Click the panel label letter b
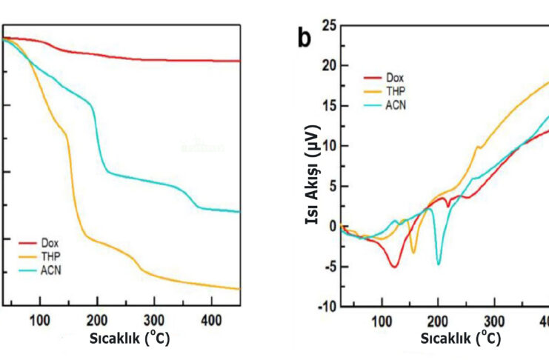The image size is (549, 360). (304, 38)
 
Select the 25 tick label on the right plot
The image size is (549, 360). (329, 27)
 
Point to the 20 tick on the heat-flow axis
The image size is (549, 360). (329, 66)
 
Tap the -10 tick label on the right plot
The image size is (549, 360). (327, 307)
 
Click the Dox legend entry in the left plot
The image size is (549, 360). (49, 243)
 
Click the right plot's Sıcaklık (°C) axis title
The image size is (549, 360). (460, 338)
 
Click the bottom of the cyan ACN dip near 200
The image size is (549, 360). (439, 264)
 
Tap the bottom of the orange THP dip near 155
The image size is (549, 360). (413, 253)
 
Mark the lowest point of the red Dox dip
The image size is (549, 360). (395, 266)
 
